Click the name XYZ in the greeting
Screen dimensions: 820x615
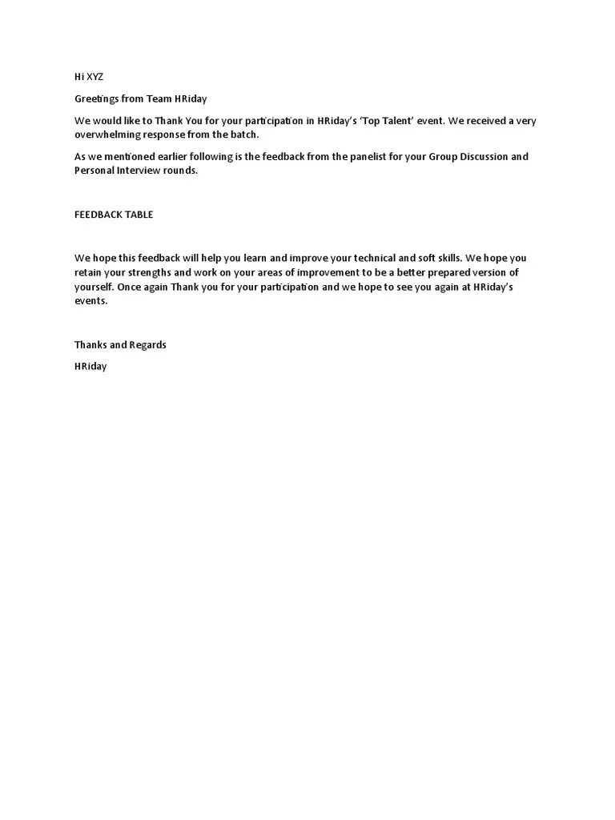[95, 77]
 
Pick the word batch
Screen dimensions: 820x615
[243, 134]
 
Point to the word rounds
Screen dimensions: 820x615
[179, 171]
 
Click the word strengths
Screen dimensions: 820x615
[166, 273]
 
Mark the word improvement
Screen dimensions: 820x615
[316, 273]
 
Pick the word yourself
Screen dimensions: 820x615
[94, 287]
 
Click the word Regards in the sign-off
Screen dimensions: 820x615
[148, 345]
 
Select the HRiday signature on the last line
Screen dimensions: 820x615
[90, 367]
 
